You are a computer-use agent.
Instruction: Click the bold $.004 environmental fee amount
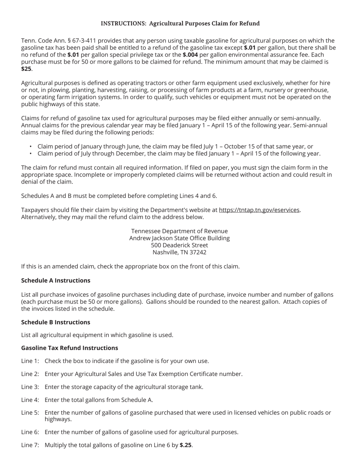click(x=190, y=55)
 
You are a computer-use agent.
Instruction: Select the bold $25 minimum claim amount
click(x=26, y=69)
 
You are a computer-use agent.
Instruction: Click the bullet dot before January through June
click(x=31, y=147)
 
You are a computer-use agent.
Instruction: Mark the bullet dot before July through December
click(x=31, y=154)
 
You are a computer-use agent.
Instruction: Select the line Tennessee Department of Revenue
click(x=180, y=231)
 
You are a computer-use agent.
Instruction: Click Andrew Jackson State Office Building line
click(x=180, y=238)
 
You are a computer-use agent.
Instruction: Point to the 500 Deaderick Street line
click(x=180, y=245)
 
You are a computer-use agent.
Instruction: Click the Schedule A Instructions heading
click(x=56, y=280)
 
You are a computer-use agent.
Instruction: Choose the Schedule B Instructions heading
click(x=56, y=322)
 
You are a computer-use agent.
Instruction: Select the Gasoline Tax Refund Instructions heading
click(x=69, y=348)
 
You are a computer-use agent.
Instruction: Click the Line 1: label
click(x=30, y=361)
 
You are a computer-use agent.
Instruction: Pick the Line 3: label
click(x=30, y=387)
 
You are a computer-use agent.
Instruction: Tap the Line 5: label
click(x=30, y=413)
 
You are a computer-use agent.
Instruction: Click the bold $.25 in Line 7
click(x=185, y=445)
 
